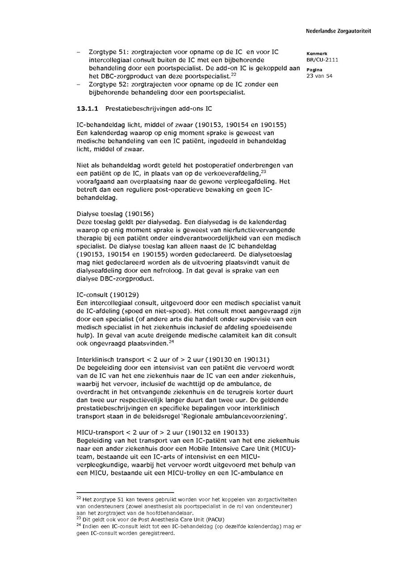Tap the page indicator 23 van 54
point(319,76)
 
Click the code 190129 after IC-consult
point(124,295)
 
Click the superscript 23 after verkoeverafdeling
point(264,172)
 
